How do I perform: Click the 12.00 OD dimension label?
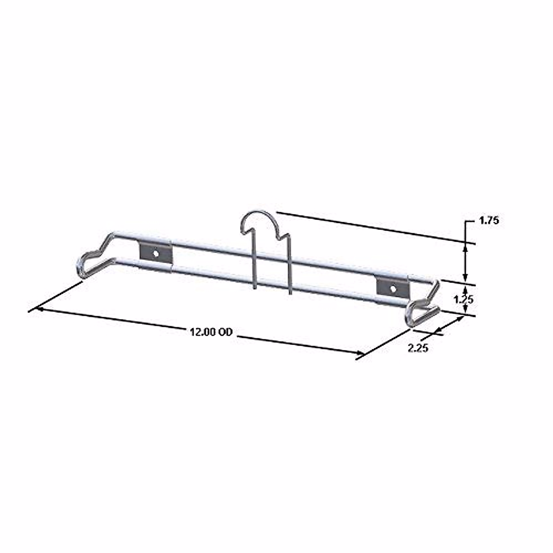[x=211, y=332]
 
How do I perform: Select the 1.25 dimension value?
[x=463, y=300]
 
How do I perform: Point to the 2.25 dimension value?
[x=418, y=348]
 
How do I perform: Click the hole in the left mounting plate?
[x=156, y=253]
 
